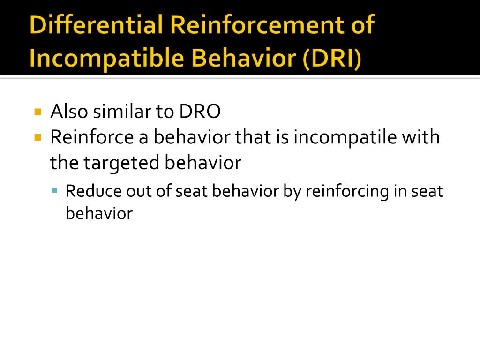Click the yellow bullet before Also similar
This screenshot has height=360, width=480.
(38, 112)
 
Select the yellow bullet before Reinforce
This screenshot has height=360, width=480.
(38, 137)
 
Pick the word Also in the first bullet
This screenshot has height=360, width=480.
(69, 112)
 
